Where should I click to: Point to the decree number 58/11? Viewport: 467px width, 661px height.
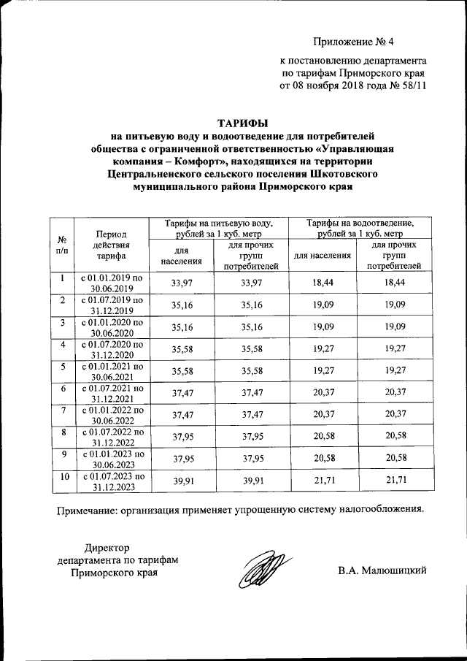coord(412,85)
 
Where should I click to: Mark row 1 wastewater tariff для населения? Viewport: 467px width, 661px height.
coord(323,283)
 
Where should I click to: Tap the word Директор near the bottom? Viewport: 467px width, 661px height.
coord(106,548)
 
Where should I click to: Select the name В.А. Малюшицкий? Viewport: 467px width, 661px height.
coord(382,570)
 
